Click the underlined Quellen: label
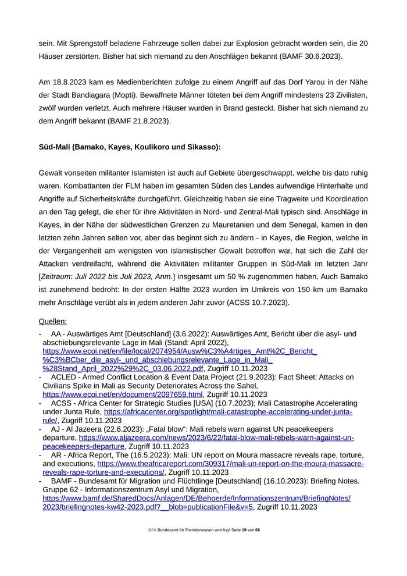pos(53,321)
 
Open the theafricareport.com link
pos(230,463)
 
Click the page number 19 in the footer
pos(244,530)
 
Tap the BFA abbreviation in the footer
pos(152,530)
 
